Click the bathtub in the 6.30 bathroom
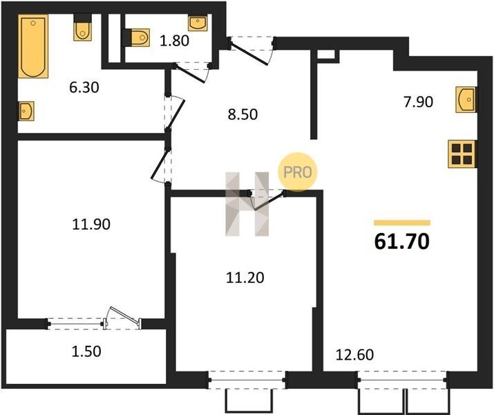33,46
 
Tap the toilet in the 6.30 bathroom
82,28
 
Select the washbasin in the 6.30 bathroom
26,111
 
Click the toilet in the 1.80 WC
136,37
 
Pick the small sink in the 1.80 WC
198,23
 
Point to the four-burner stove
462,154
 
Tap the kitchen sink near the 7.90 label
466,100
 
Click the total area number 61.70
401,242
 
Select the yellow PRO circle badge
297,172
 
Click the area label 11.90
91,225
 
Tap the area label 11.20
245,278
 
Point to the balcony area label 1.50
86,351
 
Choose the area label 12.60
354,355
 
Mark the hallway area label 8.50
243,115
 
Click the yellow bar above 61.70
402,223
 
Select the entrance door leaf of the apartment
249,54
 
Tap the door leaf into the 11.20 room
269,201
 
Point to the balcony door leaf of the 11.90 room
125,315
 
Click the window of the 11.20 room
247,380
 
